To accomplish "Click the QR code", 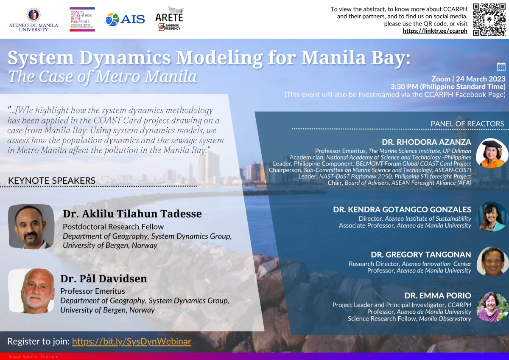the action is point(489,20).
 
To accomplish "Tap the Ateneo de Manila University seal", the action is point(34,15).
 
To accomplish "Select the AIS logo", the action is point(125,20).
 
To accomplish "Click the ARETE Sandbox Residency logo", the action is point(170,19).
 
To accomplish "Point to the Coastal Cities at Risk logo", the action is point(82,20).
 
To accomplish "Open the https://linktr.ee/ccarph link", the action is point(435,31).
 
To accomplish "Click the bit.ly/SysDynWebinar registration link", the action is point(131,341).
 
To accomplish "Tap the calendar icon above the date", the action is point(501,67).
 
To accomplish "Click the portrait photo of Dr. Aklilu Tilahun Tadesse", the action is point(31,227).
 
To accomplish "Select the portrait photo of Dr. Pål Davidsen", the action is point(31,291).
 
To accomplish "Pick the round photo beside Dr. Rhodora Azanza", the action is point(492,153).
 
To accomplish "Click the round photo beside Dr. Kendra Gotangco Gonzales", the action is point(492,217).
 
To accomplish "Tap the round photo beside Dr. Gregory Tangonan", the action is point(492,262).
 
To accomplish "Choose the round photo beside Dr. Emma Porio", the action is point(492,307).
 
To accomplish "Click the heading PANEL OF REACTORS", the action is point(467,124).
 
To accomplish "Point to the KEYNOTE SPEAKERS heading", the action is point(52,180).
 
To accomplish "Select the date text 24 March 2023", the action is point(481,79).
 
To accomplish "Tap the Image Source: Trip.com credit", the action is point(34,357).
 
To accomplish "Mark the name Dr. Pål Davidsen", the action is point(103,279).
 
